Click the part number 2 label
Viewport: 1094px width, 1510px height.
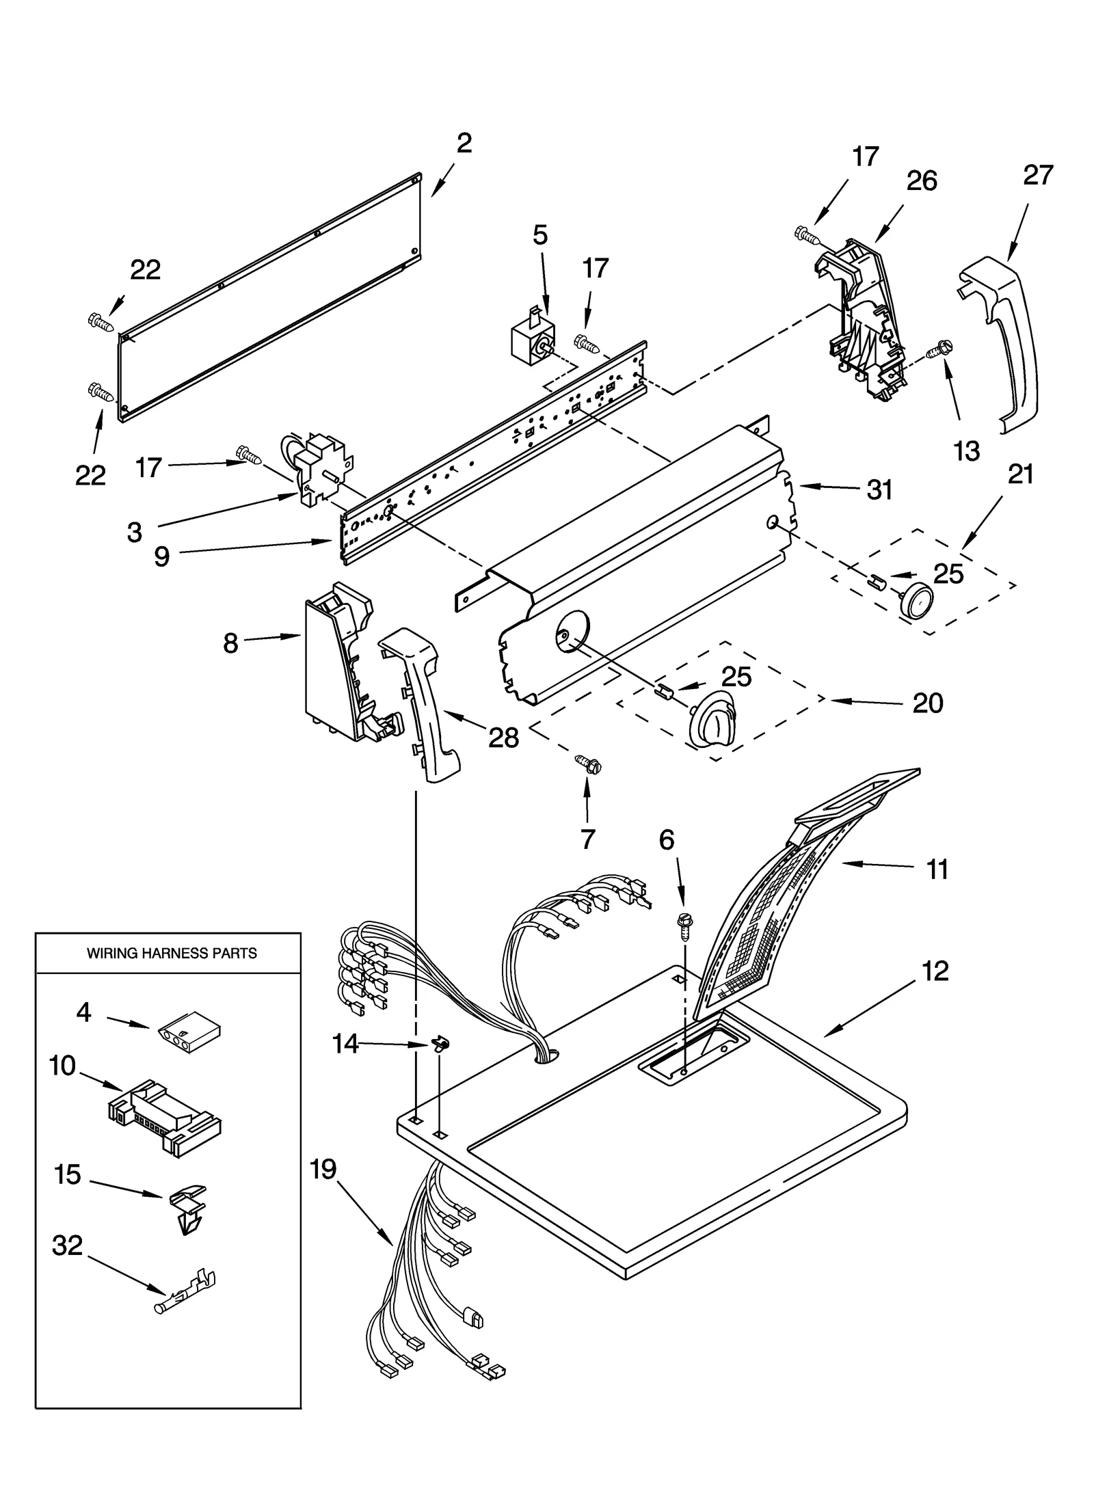(x=464, y=143)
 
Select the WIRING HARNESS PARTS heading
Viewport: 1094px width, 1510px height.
(x=172, y=953)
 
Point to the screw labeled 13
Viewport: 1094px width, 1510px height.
(x=939, y=351)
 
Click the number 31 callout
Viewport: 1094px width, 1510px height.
(x=879, y=489)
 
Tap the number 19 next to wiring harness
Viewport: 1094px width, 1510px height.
(x=323, y=1169)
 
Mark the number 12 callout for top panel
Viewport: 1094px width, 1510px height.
(x=935, y=971)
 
